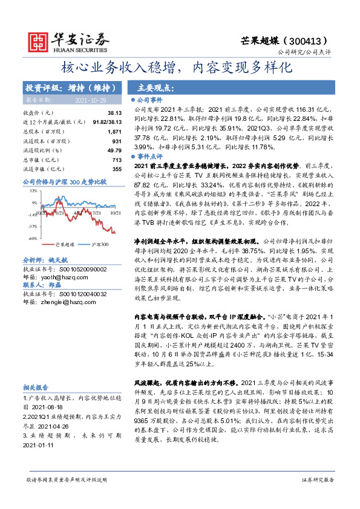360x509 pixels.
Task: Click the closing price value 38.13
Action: [114, 112]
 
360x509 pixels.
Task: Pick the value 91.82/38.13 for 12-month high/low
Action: [105, 122]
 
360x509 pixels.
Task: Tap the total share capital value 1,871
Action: [114, 131]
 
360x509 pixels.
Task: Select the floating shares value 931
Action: [117, 141]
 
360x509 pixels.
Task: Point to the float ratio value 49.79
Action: [114, 150]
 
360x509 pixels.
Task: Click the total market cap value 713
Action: [117, 160]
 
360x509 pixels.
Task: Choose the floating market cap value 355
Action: [117, 169]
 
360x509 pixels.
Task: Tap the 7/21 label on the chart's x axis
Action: [95, 213]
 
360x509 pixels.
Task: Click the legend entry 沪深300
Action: [99, 244]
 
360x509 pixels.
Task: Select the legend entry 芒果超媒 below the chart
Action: [65, 244]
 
